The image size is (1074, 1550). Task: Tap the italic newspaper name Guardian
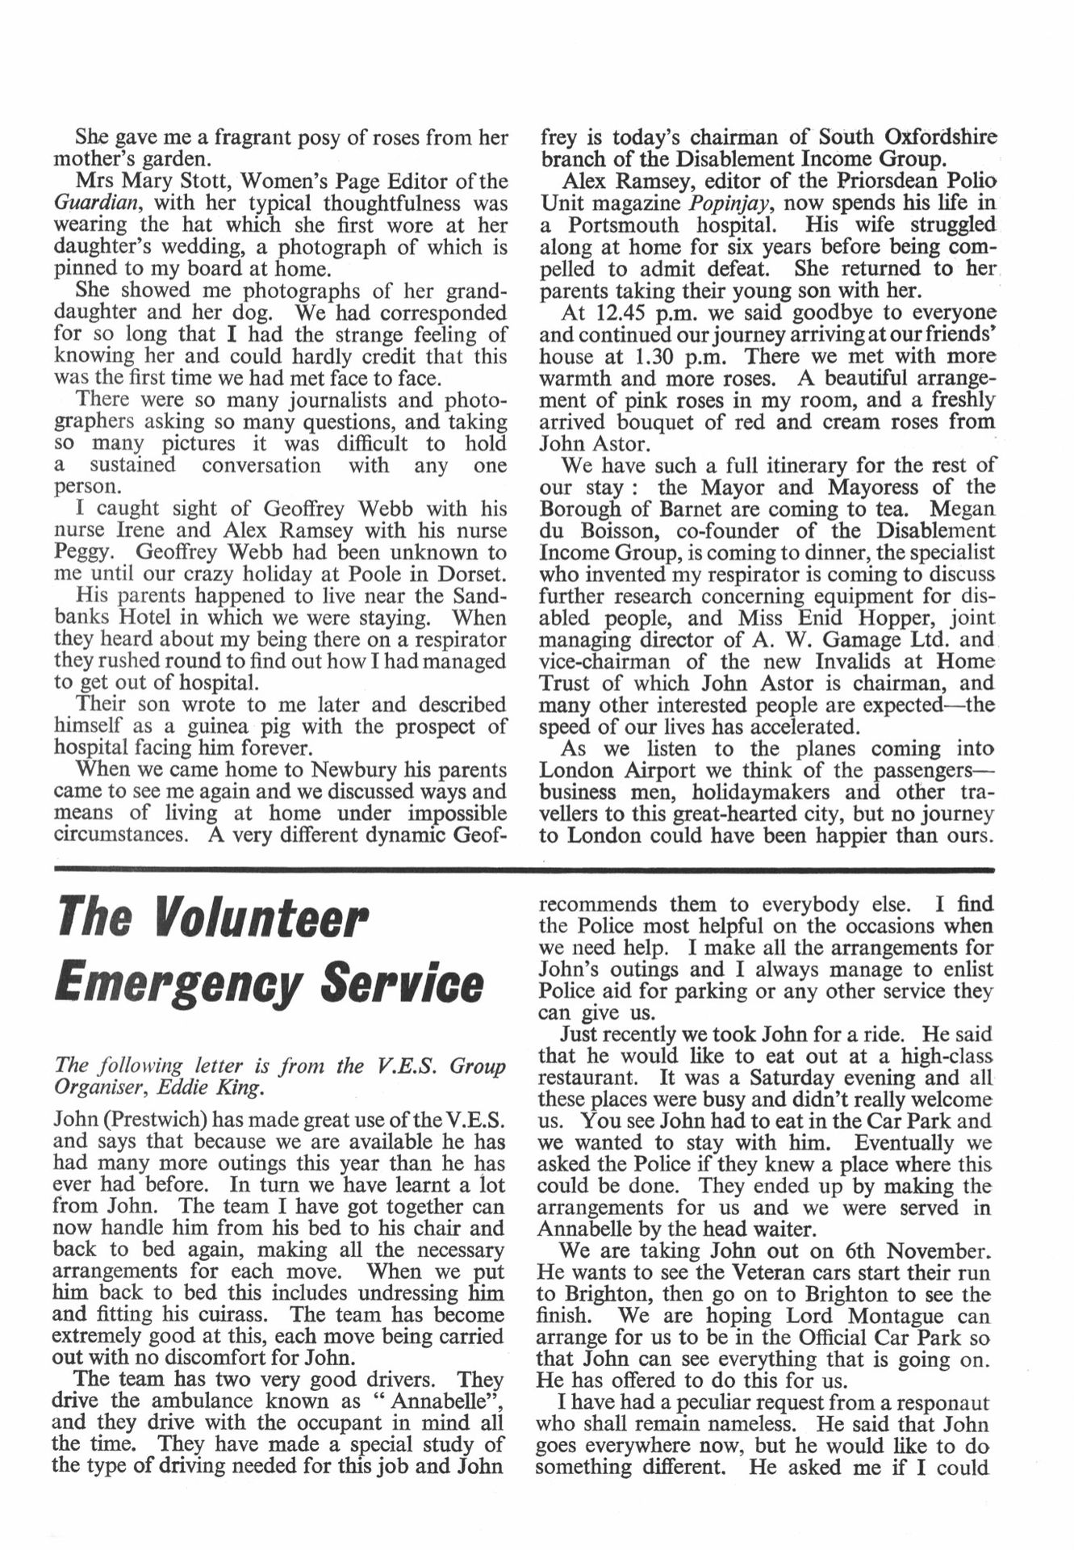[x=96, y=203]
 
